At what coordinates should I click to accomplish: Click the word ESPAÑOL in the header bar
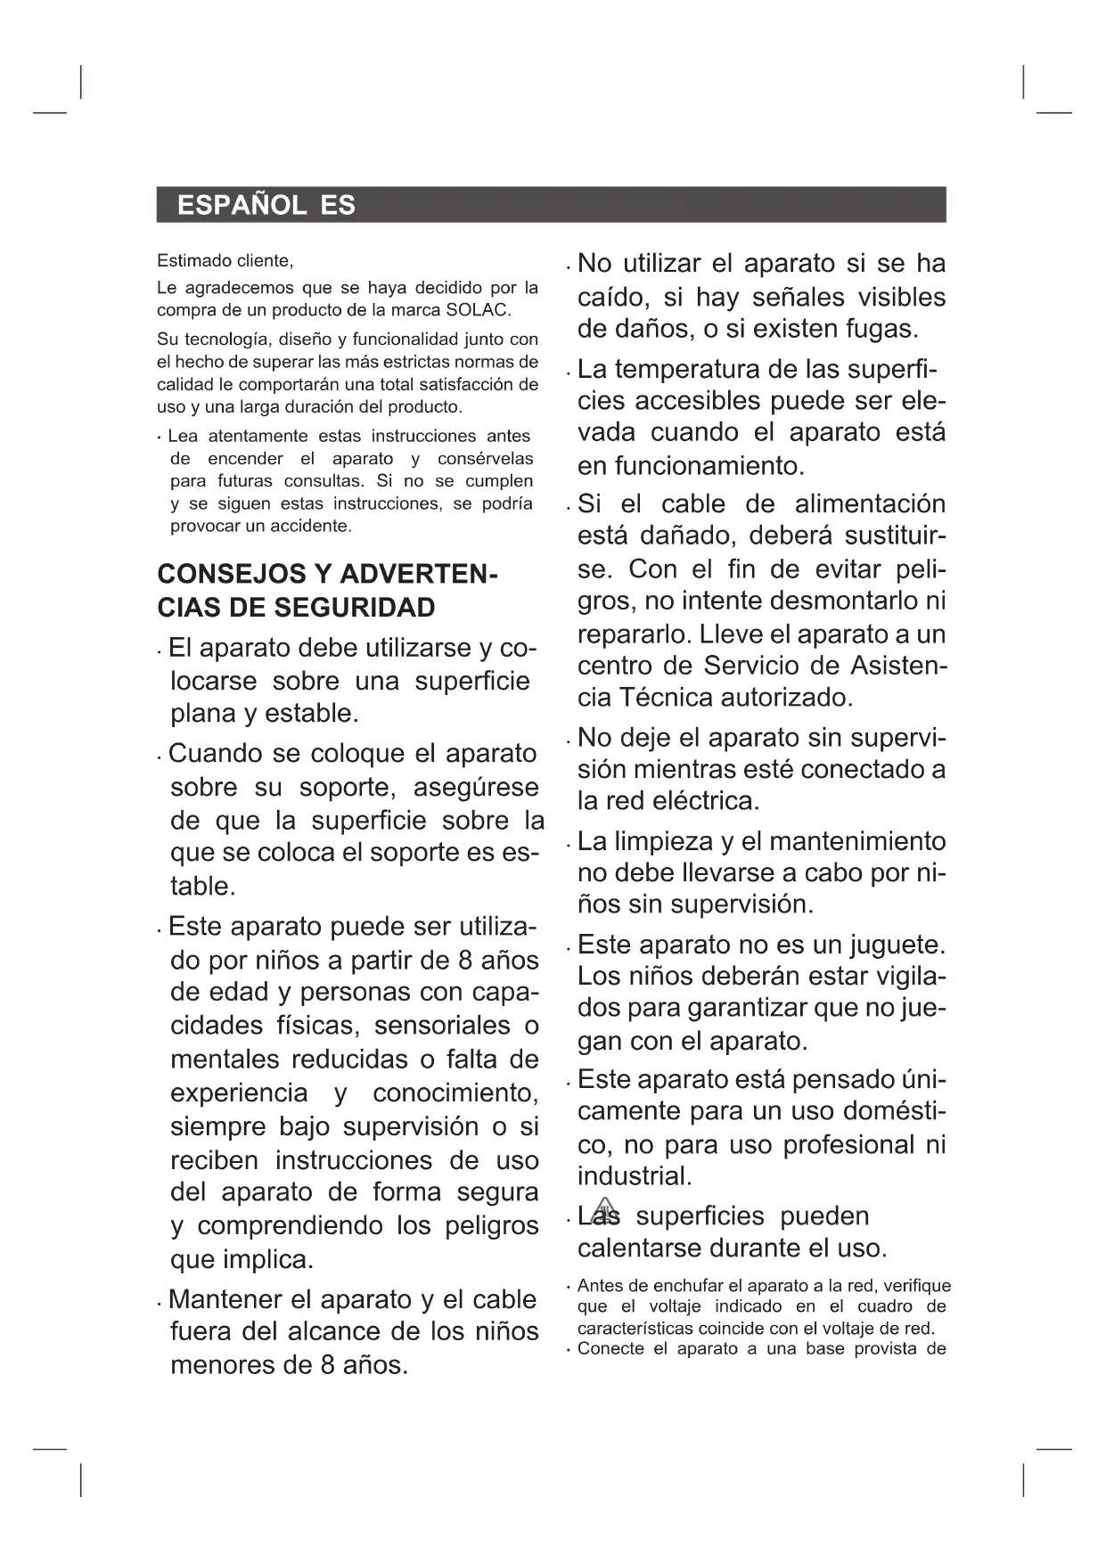[242, 206]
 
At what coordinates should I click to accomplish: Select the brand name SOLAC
[477, 310]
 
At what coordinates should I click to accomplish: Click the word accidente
[311, 526]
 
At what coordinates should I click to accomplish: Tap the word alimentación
[870, 503]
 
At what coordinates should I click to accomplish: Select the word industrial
[634, 1176]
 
